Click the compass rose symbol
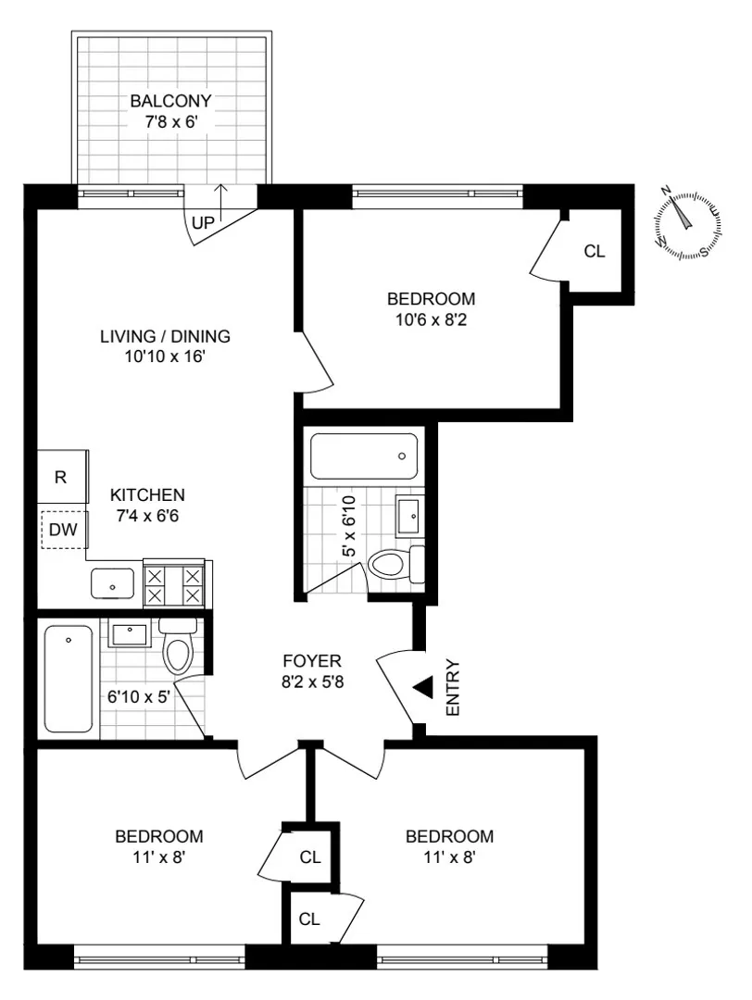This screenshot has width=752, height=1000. point(687,222)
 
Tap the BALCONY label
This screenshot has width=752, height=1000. point(170,100)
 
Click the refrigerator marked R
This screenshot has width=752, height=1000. point(61,478)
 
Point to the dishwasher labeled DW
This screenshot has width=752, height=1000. point(63,531)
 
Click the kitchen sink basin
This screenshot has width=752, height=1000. point(112,585)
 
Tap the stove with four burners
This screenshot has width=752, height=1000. point(174,585)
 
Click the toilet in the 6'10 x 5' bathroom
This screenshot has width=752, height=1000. point(177,647)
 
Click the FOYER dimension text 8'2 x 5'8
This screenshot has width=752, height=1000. point(312,681)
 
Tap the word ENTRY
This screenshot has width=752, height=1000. point(453,687)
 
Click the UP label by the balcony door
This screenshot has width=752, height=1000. point(203,223)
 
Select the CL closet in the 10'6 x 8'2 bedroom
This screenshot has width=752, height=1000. point(595,251)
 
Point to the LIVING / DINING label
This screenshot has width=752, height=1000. point(165,336)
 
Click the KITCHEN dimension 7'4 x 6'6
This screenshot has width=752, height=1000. point(147,515)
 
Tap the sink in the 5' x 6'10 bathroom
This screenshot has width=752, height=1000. point(410,514)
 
